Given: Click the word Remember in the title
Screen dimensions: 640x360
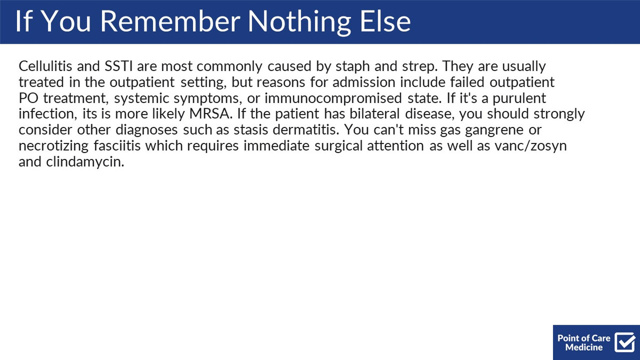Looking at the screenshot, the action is click(170, 21).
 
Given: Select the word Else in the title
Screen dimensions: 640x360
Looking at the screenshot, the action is click(386, 21).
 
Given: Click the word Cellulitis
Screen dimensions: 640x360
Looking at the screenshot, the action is click(45, 66).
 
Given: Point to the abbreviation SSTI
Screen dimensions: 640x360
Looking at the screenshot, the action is click(118, 66).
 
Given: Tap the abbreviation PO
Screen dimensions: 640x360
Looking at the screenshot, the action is click(29, 98).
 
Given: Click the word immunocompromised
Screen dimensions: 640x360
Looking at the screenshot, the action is click(333, 99).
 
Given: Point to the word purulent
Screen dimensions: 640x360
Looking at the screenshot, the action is click(519, 99).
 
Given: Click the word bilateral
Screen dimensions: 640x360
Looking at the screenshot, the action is click(374, 114).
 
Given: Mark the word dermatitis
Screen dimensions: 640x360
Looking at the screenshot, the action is click(306, 130).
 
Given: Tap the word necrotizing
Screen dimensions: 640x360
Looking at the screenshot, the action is click(54, 146).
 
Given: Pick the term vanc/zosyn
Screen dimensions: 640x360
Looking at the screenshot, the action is click(531, 146).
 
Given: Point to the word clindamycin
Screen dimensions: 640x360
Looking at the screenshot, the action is click(85, 162).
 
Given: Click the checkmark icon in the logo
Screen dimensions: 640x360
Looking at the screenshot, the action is click(625, 342).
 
